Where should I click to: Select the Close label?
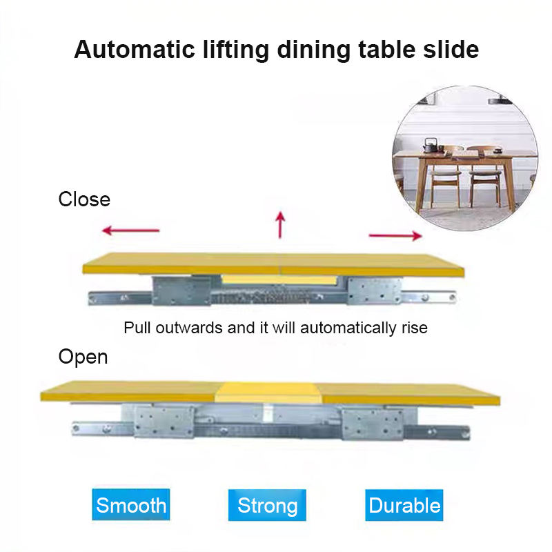tap(84, 199)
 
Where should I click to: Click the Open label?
tap(83, 357)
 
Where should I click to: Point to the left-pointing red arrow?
tap(130, 230)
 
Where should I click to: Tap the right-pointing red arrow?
tap(395, 236)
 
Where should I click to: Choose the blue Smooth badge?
tap(131, 505)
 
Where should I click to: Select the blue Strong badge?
tap(267, 505)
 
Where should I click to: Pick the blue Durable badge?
tap(404, 505)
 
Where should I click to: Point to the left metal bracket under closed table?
tap(181, 290)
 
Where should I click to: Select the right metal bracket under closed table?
tap(375, 290)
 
